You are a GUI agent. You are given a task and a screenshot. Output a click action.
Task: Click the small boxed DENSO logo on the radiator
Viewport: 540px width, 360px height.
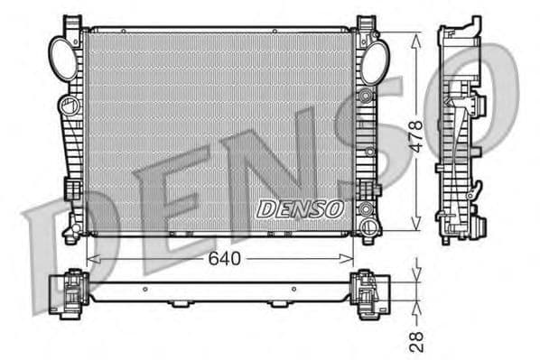[301, 208]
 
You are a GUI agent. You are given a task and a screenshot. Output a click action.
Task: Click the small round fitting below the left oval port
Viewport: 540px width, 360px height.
[69, 106]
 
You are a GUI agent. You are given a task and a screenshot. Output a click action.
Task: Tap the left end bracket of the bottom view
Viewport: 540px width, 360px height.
[69, 293]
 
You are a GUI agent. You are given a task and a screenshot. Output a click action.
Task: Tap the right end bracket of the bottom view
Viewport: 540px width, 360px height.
[368, 293]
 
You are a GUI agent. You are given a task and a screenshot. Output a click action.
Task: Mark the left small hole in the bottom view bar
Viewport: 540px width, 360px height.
[144, 290]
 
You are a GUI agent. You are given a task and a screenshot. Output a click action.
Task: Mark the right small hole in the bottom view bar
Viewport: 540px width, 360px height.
[293, 290]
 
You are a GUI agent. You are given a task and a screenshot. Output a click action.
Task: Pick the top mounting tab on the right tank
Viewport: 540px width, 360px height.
[365, 23]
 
